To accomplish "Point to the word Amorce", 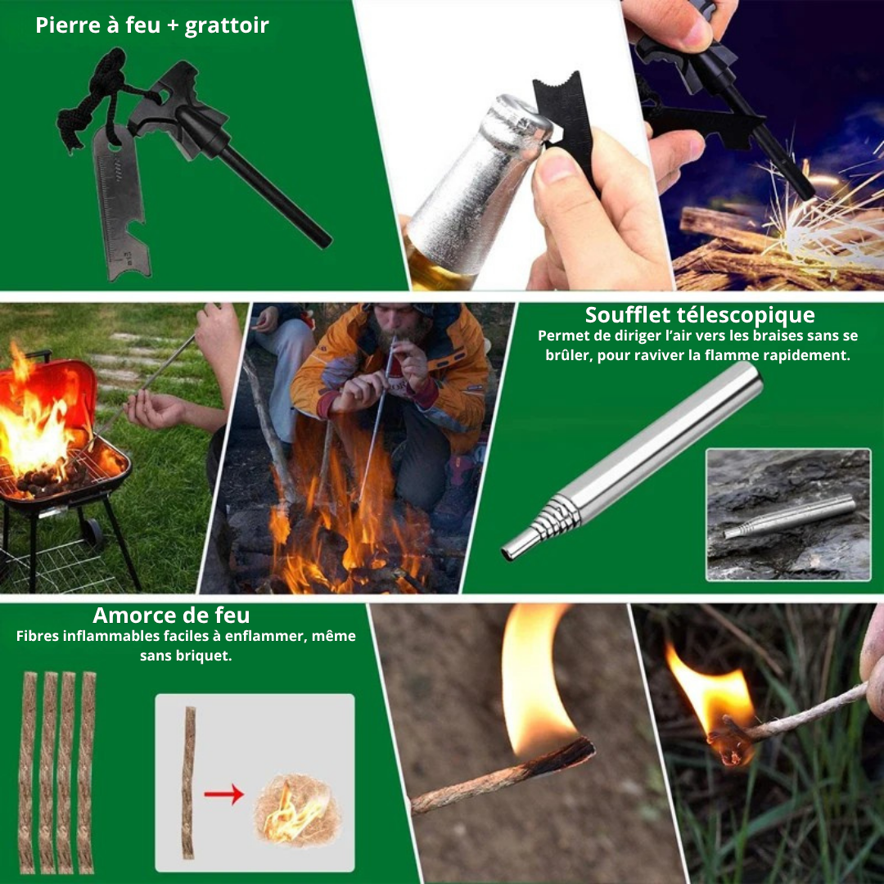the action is pyautogui.click(x=132, y=615).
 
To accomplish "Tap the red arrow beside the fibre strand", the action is pyautogui.click(x=223, y=794).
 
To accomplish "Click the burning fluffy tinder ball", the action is pyautogui.click(x=297, y=810).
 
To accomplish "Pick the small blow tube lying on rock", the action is pyautogui.click(x=789, y=516).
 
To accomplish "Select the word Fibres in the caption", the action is pyautogui.click(x=37, y=636).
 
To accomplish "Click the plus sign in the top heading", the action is pyautogui.click(x=173, y=26).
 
